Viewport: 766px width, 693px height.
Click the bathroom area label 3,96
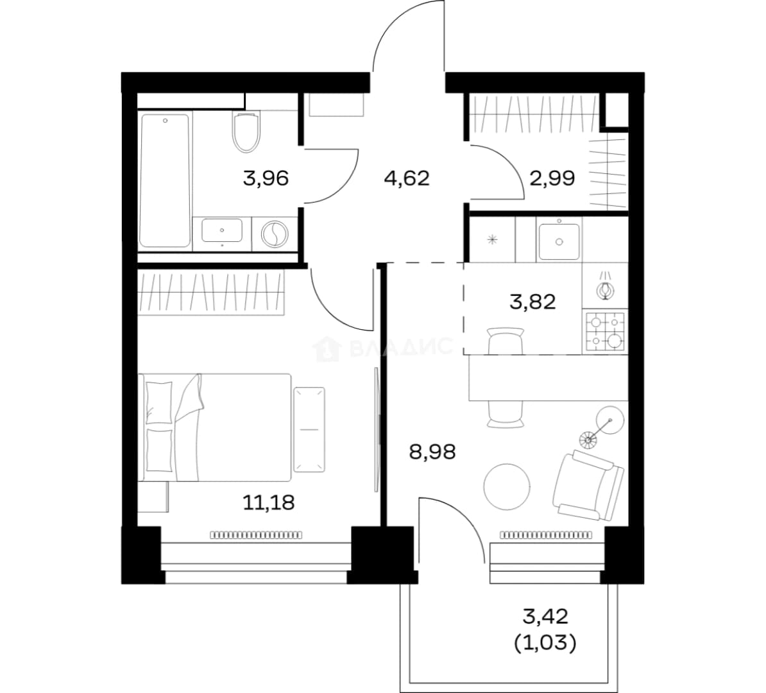[266, 178]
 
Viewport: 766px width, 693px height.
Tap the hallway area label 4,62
[407, 178]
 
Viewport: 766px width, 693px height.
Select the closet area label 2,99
[552, 178]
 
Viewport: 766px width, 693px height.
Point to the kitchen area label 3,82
[532, 302]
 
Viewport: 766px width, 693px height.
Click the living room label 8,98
[432, 452]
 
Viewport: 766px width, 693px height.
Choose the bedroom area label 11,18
[269, 502]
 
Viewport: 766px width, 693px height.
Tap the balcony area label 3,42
[545, 617]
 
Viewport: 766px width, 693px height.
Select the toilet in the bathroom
[246, 132]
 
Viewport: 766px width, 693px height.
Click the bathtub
[165, 180]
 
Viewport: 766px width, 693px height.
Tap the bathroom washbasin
[222, 230]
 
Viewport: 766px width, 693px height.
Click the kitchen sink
[559, 241]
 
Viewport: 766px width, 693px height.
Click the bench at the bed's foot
[309, 429]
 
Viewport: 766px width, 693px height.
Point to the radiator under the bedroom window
[256, 535]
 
